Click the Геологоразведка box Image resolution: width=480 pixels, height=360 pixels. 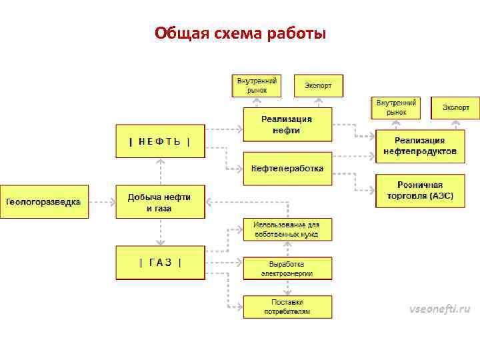(x=44, y=201)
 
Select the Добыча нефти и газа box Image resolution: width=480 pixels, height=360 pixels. (x=160, y=202)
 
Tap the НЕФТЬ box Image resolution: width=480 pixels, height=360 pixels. (x=160, y=141)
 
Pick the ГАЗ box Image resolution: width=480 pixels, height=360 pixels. (x=160, y=262)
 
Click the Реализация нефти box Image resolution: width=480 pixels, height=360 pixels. (x=287, y=125)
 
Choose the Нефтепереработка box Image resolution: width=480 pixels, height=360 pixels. (x=287, y=169)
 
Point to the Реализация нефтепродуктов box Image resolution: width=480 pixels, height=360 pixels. (x=420, y=146)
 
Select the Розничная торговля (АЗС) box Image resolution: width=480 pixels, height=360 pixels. (x=420, y=191)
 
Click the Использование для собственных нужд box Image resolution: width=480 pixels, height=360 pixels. (x=287, y=229)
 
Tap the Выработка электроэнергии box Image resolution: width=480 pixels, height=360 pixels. (x=287, y=268)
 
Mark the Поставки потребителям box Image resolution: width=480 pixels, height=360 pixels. (x=287, y=307)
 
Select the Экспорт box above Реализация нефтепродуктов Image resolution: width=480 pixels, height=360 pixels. (x=455, y=107)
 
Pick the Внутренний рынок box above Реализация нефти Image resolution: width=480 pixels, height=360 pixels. (x=257, y=85)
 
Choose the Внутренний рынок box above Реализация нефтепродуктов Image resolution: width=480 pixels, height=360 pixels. (x=397, y=107)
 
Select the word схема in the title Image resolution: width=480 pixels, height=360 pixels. (x=235, y=33)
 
